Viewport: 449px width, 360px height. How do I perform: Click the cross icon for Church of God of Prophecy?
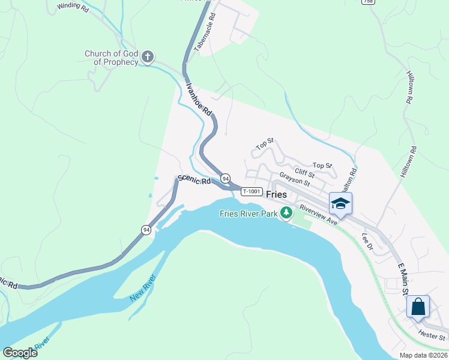148,58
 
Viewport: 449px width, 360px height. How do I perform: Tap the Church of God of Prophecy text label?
111,58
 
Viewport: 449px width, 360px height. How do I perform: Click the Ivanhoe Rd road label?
199,99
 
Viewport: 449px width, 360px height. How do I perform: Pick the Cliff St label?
304,172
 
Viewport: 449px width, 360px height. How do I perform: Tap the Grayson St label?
294,178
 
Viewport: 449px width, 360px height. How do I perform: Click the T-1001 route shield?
252,191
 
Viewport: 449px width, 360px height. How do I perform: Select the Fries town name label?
276,194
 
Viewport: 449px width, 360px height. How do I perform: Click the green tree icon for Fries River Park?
287,212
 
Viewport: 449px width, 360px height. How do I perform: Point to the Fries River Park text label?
249,213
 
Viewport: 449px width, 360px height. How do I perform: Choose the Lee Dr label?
367,241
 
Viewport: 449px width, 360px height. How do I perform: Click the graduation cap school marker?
340,204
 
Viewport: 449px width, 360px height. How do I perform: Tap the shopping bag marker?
418,307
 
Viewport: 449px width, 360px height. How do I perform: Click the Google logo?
20,352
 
